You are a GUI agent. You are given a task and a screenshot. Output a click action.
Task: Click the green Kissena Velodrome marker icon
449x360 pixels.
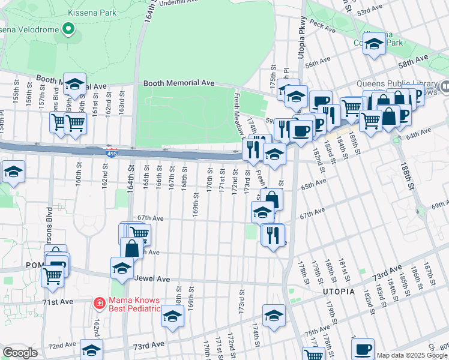(68, 29)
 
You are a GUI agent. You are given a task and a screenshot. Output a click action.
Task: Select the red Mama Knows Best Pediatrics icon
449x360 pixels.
(100, 304)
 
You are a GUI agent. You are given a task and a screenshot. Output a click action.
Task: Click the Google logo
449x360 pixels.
(20, 352)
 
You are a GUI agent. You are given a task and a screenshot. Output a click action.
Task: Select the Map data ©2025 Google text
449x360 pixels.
(412, 355)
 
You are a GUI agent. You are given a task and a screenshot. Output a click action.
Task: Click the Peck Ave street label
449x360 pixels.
(322, 27)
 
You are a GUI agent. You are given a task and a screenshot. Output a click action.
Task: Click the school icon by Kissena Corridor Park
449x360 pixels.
(375, 44)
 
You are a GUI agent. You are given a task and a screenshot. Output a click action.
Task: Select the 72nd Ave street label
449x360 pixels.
(61, 346)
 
